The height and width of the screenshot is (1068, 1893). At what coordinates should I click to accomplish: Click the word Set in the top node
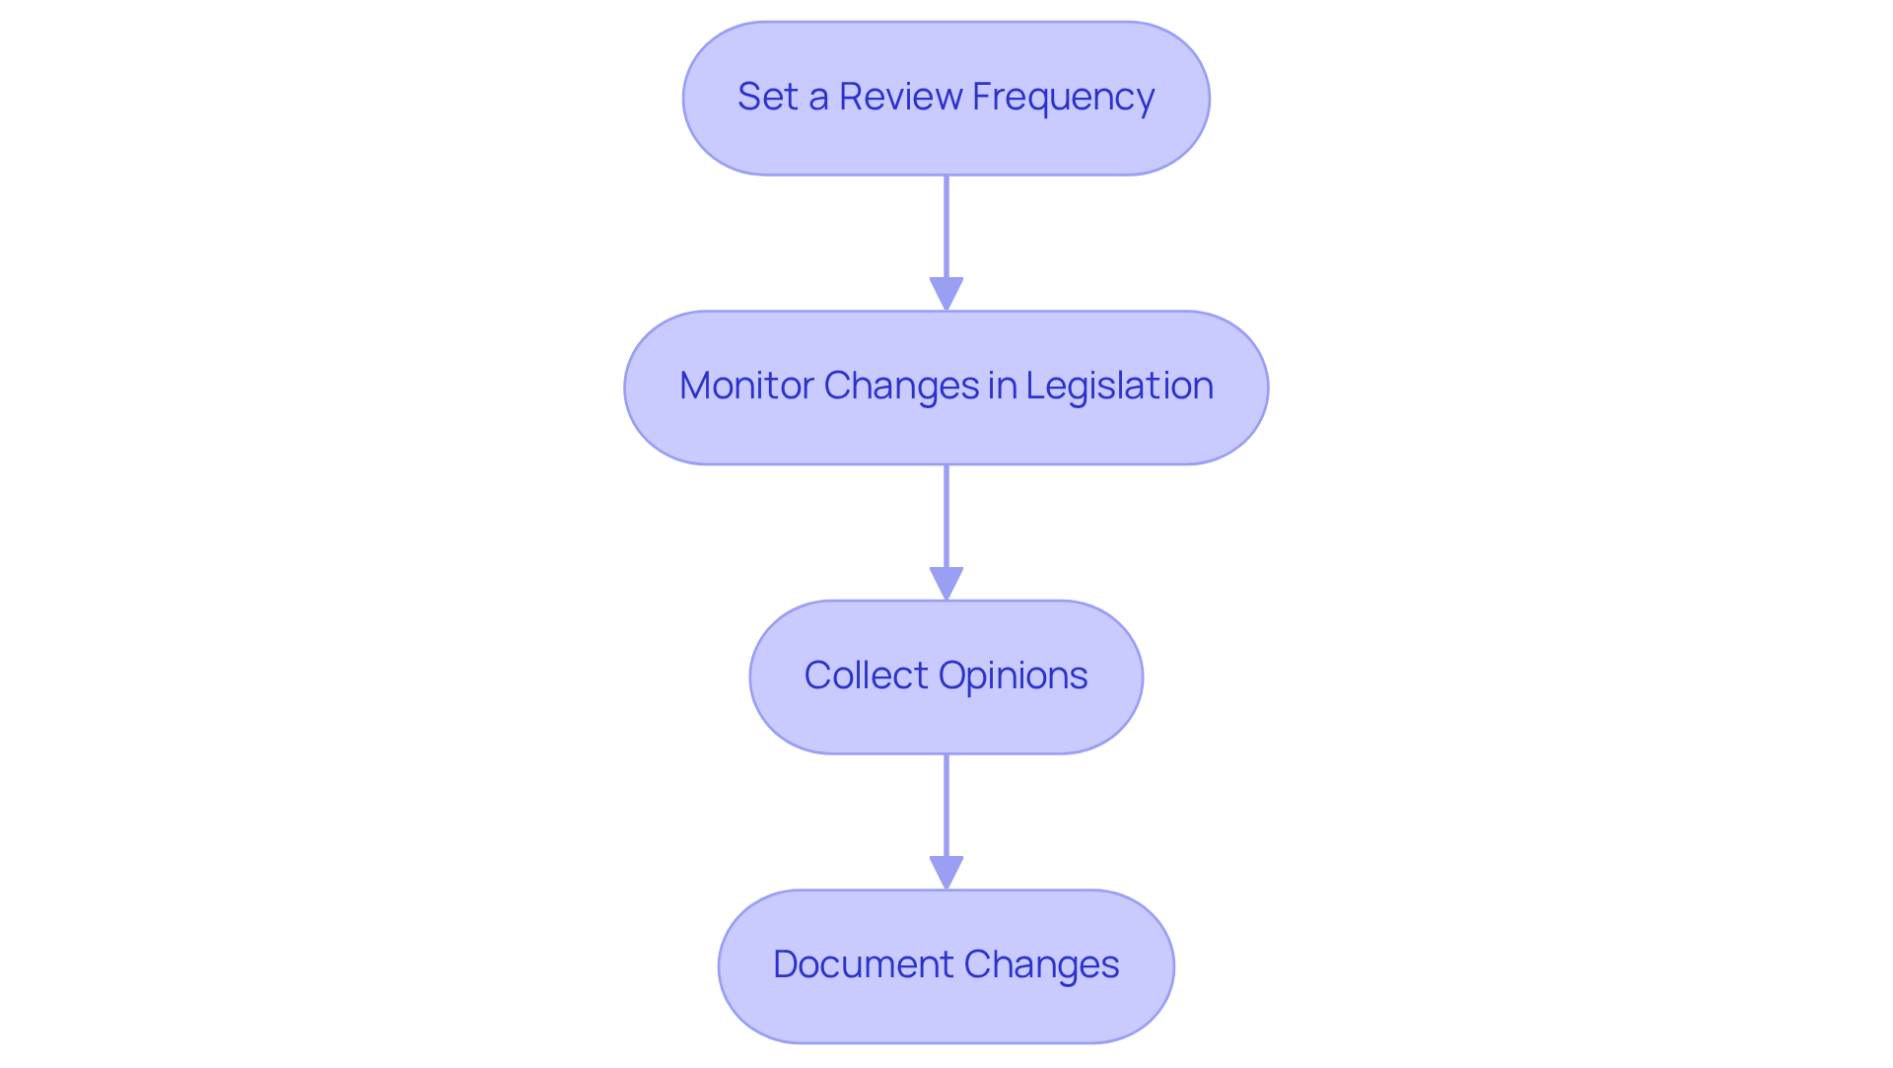coord(767,97)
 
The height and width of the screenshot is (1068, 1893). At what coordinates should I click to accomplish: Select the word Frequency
coord(1063,98)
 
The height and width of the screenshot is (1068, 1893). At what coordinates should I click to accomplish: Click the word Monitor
coord(746,386)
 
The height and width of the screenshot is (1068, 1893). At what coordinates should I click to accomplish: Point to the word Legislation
coord(1119,386)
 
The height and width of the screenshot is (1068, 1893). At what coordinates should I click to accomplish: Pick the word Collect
coord(866,676)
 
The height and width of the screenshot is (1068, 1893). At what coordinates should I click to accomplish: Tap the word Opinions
coord(1013,676)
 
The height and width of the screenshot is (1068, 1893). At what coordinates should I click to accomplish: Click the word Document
coord(863,964)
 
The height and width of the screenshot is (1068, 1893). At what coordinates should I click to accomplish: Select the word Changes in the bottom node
coord(1041,964)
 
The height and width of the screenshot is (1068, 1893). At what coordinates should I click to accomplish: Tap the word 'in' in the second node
coord(1002,386)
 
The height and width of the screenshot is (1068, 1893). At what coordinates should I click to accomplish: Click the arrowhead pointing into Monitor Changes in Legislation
coord(946,294)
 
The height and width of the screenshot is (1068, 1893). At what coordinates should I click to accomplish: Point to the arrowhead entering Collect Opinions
coord(946,584)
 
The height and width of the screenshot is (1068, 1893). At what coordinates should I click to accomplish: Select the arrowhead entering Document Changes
coord(946,873)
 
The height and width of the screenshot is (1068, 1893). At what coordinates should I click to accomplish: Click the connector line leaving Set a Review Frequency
coord(946,227)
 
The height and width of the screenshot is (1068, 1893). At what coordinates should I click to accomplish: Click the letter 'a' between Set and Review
coord(818,98)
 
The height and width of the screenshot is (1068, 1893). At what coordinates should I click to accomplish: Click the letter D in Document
coord(786,964)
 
